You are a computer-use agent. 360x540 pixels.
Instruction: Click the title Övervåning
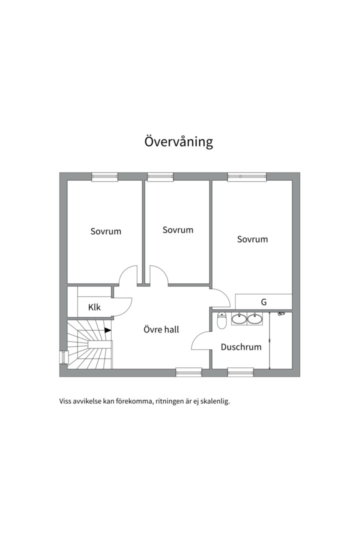point(178,141)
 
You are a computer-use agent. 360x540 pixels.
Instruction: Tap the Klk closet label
point(94,307)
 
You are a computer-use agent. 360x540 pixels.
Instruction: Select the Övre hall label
point(161,329)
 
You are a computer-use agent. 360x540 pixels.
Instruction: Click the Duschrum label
point(241,347)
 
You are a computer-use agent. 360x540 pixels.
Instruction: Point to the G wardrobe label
point(264,302)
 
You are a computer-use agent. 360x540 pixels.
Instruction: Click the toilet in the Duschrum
point(221,320)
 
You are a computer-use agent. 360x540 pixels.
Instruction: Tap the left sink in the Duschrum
point(238,318)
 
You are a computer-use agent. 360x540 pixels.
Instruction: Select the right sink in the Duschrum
point(255,318)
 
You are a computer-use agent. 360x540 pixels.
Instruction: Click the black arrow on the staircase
point(108,330)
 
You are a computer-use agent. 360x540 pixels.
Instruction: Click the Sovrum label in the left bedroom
point(106,231)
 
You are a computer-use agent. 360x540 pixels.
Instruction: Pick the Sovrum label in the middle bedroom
point(178,229)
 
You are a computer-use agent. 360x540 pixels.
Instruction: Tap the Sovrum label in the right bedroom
point(252,239)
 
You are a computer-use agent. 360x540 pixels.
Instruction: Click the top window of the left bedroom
point(104,176)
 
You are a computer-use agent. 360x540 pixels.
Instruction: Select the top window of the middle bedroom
point(160,176)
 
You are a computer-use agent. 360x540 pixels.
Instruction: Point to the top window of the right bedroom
point(247,176)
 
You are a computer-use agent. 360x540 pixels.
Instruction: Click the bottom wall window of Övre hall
point(189,372)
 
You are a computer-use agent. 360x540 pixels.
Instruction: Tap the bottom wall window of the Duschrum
point(240,372)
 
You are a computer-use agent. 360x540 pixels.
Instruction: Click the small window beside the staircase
point(63,357)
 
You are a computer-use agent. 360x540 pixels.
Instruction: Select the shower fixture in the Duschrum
point(281,313)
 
